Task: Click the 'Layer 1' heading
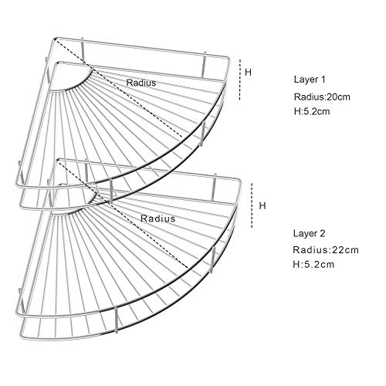pos(310,80)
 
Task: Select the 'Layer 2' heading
pos(309,233)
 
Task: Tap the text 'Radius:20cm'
pos(322,96)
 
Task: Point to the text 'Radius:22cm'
pos(326,249)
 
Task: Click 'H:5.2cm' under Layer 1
pos(312,111)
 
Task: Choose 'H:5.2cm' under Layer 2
pos(313,264)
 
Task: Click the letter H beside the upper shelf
pos(248,73)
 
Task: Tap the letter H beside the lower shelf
pos(262,205)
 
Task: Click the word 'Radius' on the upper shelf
pos(141,83)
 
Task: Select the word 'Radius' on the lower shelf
pos(157,218)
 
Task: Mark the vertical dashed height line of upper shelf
pos(240,80)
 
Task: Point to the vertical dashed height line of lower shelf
pos(252,205)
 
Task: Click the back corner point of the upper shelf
pos(55,39)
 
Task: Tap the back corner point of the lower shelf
pos(58,161)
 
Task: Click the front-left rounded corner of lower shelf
pos(18,313)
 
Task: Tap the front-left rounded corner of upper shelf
pos(18,185)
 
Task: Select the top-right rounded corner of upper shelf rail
pos(228,59)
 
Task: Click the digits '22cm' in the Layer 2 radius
pos(345,249)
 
